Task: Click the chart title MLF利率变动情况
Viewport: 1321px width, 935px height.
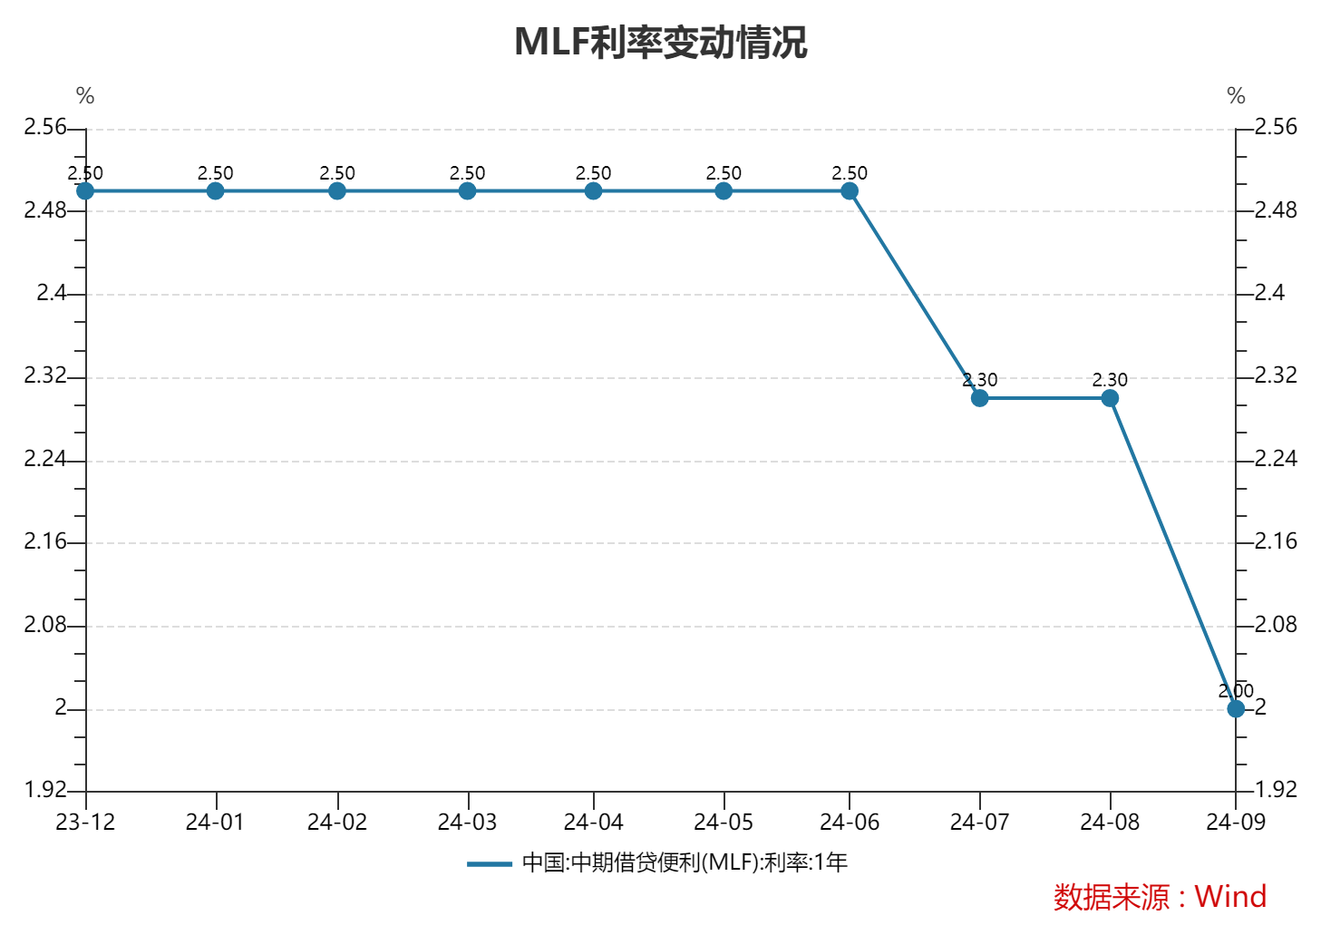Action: coord(660,43)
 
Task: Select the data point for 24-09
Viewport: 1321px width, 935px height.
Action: coord(1236,708)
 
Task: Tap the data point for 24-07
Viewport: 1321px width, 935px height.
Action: coord(979,398)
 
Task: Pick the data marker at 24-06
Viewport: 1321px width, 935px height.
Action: coord(850,190)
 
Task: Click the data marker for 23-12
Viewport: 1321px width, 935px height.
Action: coord(85,190)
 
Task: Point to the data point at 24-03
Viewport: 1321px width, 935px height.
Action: coord(467,190)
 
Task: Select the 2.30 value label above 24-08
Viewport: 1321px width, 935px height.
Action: coord(1110,380)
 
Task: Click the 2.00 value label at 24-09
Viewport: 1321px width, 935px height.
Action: coord(1236,691)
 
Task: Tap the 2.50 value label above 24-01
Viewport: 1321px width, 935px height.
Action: coord(215,173)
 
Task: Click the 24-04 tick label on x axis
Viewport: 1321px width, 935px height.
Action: coord(593,822)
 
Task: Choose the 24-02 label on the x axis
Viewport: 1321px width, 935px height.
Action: coord(337,822)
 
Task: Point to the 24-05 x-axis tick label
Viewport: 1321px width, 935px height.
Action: coord(724,822)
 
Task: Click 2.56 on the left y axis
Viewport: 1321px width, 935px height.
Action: coord(45,127)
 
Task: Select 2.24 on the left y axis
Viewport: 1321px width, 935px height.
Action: coord(45,459)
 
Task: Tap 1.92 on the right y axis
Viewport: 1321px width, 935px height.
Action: coord(1276,790)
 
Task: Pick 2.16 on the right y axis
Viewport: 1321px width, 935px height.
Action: coord(1276,541)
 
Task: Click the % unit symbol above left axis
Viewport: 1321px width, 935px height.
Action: coord(85,96)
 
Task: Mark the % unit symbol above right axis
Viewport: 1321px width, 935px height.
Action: coord(1236,96)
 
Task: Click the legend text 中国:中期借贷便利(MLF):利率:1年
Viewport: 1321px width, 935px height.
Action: coord(685,862)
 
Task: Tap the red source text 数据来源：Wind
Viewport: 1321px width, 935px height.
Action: coord(1160,897)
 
